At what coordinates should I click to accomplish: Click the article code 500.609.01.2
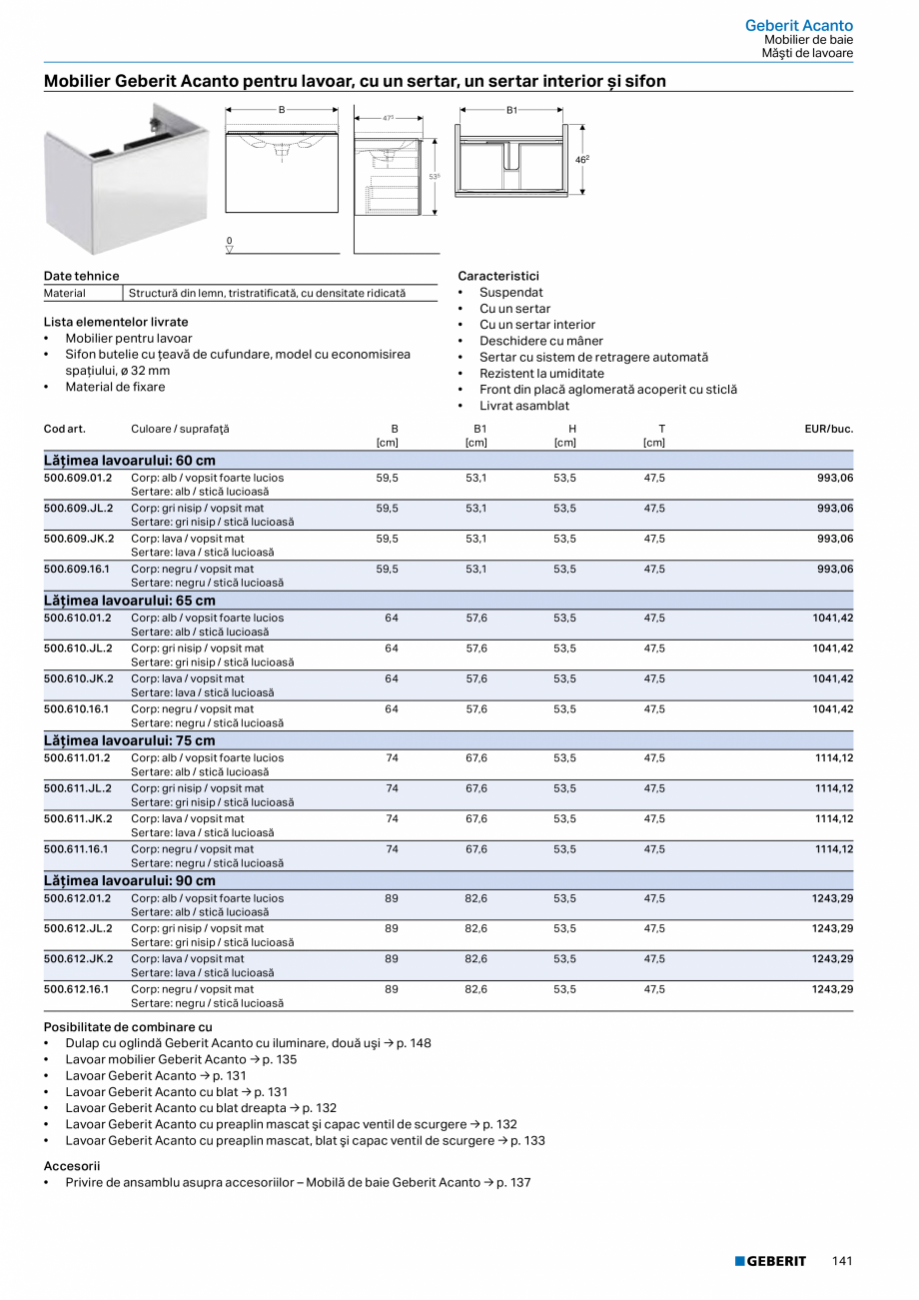(78, 478)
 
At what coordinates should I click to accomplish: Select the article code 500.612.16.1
(78, 989)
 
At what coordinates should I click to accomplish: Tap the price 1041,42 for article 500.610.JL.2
(832, 649)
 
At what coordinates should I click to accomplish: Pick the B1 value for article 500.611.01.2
(476, 758)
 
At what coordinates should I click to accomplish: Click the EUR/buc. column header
(828, 429)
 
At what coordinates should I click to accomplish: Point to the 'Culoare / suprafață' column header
(180, 429)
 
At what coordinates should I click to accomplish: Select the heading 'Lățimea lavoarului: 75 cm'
(130, 740)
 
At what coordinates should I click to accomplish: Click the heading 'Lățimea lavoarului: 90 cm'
(130, 880)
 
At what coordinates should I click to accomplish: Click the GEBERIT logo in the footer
(770, 1261)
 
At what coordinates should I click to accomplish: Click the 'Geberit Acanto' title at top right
(798, 25)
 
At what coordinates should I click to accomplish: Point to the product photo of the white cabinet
(126, 178)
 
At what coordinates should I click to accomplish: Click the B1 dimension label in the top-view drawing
(511, 110)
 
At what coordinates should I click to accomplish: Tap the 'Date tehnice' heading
(81, 276)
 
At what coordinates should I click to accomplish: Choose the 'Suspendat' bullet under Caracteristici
(510, 293)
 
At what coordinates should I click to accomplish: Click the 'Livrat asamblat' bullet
(523, 406)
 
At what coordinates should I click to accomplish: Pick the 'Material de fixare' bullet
(115, 387)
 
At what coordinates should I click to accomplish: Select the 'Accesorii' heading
(72, 1165)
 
